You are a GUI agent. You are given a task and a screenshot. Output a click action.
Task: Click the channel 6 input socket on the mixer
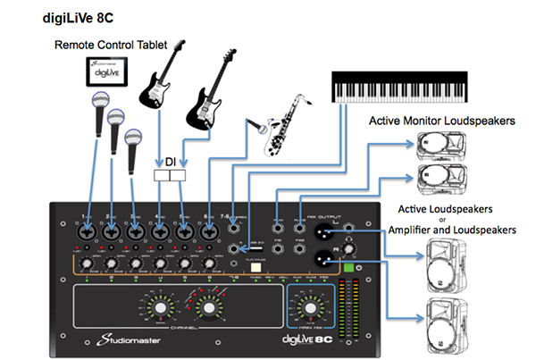(x=208, y=230)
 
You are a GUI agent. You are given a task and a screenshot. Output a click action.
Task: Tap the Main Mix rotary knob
(x=309, y=308)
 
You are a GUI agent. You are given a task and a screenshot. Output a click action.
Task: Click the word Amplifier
(x=417, y=230)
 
